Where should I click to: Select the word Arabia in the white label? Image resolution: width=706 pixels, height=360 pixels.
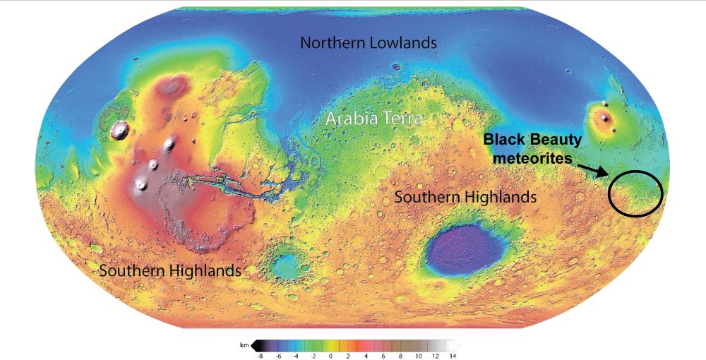349,119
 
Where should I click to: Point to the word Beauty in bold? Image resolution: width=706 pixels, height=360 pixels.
555,140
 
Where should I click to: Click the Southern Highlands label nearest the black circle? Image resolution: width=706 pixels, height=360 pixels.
465,197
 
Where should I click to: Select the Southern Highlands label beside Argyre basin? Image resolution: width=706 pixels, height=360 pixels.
170,270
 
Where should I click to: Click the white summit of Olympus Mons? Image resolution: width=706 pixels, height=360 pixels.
121,129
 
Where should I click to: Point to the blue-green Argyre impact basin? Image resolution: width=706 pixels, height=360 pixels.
287,265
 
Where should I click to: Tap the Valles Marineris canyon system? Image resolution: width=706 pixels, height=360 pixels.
226,186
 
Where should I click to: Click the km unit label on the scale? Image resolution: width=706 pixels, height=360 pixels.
244,346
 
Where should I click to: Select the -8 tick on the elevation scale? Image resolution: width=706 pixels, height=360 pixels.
261,356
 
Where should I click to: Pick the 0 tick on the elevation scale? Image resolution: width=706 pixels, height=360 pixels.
330,356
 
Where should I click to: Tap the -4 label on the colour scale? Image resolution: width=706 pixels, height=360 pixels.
296,356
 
